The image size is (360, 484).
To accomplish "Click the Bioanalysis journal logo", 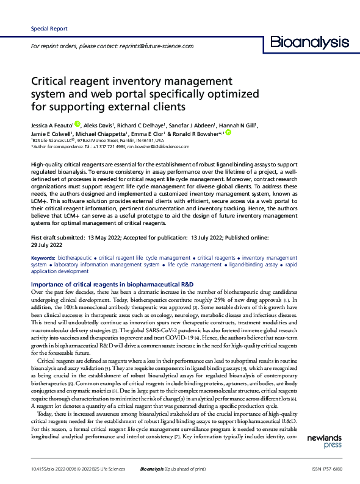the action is pos(309,43).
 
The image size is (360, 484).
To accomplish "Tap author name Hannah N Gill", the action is pos(239,126).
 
